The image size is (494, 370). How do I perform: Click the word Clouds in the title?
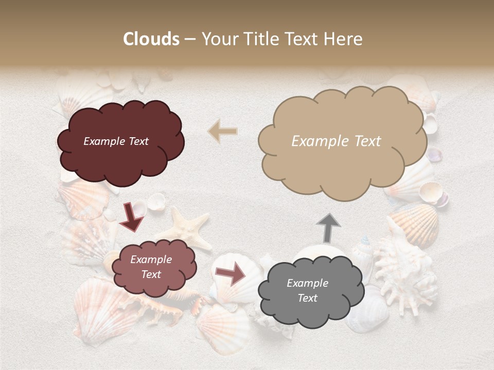[x=151, y=39]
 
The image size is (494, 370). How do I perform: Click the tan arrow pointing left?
[x=223, y=132]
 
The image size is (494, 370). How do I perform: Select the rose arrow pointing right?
[x=231, y=273]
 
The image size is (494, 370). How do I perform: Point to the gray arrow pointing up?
[x=328, y=228]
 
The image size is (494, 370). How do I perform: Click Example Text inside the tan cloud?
[x=336, y=141]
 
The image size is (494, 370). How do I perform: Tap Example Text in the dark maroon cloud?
[x=116, y=141]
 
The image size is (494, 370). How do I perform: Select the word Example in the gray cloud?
[x=307, y=283]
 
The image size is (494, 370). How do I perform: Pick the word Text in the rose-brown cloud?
[x=151, y=274]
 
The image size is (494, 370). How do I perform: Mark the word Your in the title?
[x=216, y=39]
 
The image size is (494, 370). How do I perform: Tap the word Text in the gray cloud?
[x=307, y=298]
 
